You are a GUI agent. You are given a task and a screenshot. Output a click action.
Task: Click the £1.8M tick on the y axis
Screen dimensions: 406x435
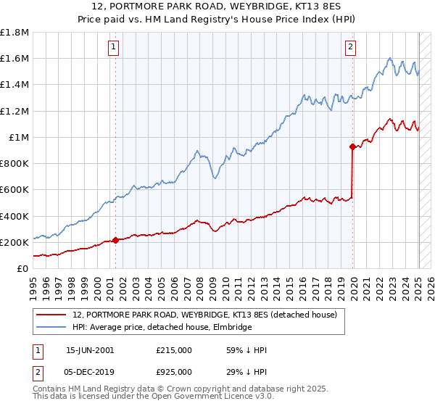pos(15,33)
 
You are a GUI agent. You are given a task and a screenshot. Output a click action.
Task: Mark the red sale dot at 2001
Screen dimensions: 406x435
pos(115,241)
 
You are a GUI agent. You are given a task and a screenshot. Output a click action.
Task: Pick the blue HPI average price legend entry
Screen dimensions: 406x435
pos(162,328)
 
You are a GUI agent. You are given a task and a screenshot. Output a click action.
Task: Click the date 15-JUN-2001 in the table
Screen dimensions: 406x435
pos(90,350)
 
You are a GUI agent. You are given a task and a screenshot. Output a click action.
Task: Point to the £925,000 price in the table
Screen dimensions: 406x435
pos(173,371)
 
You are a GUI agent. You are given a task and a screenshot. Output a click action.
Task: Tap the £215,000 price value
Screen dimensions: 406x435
pos(173,350)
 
